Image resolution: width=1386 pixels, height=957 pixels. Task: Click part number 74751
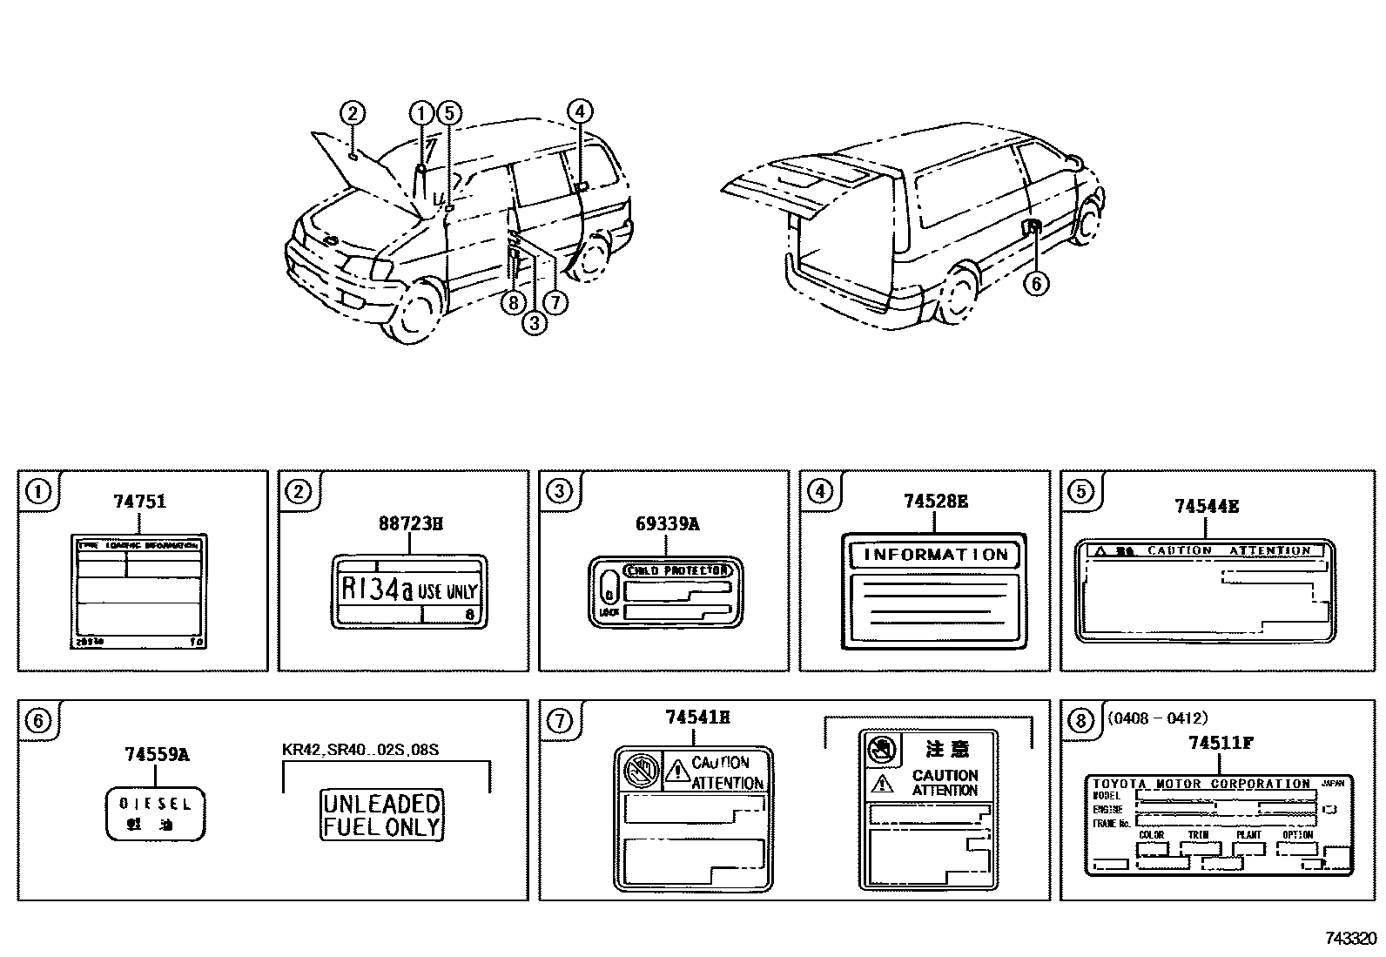[x=139, y=502]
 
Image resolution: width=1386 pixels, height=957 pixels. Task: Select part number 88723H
[x=410, y=523]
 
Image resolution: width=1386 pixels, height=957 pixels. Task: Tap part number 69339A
[x=666, y=523]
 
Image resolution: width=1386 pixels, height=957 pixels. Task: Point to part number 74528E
[x=935, y=502]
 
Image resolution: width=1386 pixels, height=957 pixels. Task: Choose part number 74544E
[x=1206, y=506]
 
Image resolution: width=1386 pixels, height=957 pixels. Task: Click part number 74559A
[x=157, y=755]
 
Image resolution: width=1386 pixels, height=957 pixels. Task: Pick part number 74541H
[x=697, y=718]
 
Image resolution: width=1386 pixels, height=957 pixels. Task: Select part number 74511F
[x=1221, y=743]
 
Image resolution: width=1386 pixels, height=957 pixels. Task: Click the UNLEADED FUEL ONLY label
[x=382, y=815]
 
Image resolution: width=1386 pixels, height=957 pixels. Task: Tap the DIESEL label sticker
[x=156, y=813]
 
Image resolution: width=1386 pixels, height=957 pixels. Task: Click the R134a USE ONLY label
[x=408, y=590]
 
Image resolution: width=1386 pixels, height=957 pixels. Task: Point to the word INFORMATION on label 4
[x=935, y=555]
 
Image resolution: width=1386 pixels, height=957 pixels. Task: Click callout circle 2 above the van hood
[x=352, y=113]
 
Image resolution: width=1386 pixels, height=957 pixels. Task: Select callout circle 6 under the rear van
[x=1035, y=283]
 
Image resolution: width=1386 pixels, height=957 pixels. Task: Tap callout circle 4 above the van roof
[x=580, y=111]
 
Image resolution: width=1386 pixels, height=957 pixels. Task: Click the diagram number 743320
[x=1350, y=939]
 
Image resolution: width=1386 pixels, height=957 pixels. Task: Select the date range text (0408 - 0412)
[x=1158, y=718]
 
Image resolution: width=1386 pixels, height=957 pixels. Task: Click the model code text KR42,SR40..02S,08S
[x=360, y=750]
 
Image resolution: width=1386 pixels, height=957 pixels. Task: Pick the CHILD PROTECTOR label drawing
[x=665, y=592]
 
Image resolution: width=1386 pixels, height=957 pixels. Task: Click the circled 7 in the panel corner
[x=560, y=721]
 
